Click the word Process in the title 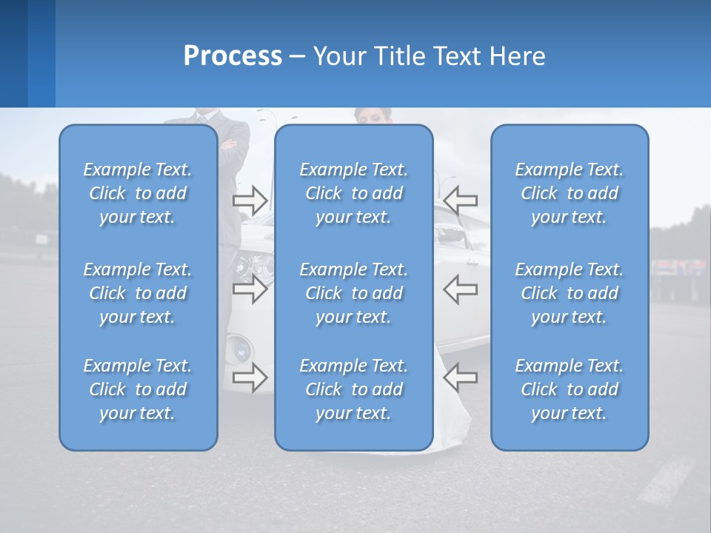pos(233,56)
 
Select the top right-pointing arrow pos(250,200)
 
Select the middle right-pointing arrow pos(250,289)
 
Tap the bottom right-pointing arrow pos(250,378)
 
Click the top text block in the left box pos(138,193)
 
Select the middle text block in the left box pos(138,293)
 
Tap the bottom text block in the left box pos(138,389)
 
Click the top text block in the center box pos(354,193)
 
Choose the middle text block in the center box pos(354,293)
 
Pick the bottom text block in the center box pos(354,389)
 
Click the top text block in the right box pos(570,193)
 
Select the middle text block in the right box pos(570,293)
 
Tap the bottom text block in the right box pos(570,389)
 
